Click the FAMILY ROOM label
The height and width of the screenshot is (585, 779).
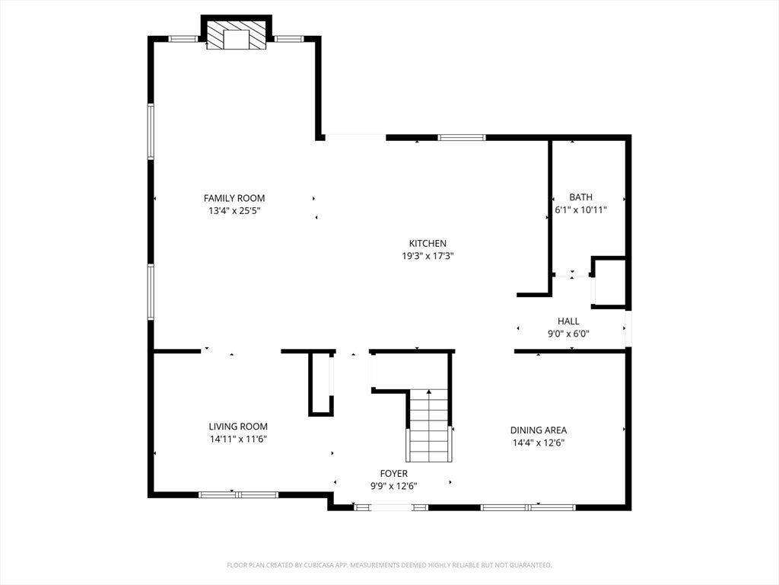click(x=234, y=198)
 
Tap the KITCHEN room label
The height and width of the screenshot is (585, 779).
click(x=428, y=243)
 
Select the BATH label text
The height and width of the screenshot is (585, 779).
click(x=580, y=197)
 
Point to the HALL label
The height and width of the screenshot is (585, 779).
click(x=568, y=321)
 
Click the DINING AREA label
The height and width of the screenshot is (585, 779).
click(x=539, y=430)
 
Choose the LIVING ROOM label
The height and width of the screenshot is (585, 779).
click(x=238, y=427)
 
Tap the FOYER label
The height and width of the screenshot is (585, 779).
click(x=394, y=474)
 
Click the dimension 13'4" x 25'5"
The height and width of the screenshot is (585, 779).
click(x=234, y=210)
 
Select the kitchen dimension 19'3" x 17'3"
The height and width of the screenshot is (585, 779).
click(x=428, y=256)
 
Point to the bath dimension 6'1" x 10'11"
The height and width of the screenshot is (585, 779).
click(x=580, y=210)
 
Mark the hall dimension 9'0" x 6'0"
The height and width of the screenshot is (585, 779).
click(x=568, y=334)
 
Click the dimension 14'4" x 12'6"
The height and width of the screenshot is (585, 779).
click(x=539, y=443)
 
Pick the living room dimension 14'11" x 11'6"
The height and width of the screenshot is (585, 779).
click(x=238, y=440)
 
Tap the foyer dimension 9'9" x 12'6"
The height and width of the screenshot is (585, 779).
click(x=394, y=486)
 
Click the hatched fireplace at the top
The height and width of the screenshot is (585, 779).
click(x=237, y=35)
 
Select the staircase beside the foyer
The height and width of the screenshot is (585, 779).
click(x=429, y=426)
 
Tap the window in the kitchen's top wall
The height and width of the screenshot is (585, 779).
click(x=462, y=138)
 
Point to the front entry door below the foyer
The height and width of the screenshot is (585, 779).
click(x=392, y=507)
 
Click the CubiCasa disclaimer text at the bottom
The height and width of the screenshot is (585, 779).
click(x=389, y=565)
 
